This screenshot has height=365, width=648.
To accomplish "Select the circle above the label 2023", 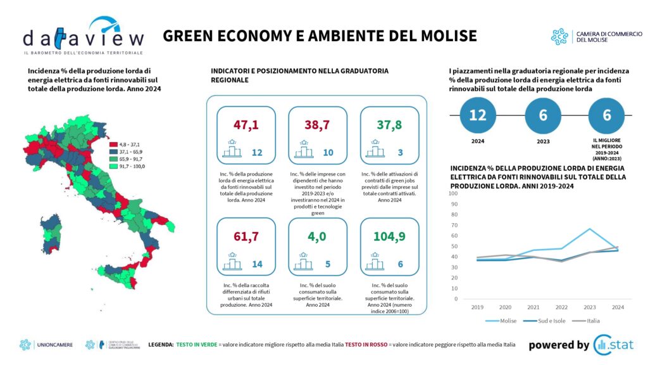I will [543, 116].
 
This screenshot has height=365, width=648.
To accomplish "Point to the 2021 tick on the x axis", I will [534, 307].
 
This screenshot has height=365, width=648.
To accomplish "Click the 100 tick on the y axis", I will [453, 193].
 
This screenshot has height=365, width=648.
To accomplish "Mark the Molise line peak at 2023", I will [589, 229].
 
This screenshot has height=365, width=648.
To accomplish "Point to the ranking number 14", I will [257, 263].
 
